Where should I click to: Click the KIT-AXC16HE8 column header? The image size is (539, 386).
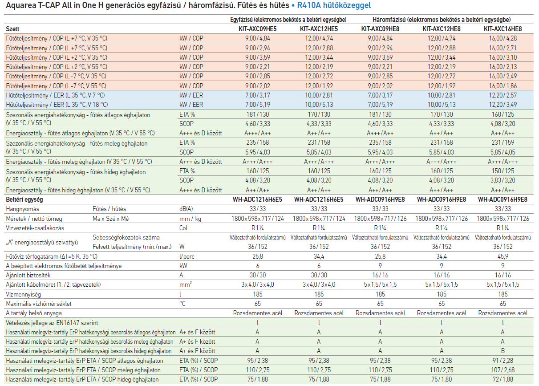click(503, 29)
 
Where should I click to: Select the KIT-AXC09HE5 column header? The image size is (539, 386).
click(257, 29)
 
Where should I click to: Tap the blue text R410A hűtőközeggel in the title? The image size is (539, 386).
click(334, 5)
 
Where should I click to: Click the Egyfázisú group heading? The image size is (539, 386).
click(288, 20)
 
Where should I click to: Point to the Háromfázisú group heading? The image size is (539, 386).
click(442, 20)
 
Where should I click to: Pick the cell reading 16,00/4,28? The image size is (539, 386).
click(503, 38)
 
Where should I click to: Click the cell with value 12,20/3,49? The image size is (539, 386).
click(503, 105)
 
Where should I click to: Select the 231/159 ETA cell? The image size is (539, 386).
click(503, 142)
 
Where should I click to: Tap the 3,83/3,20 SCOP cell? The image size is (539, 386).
click(503, 180)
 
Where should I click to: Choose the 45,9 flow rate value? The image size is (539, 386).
click(503, 256)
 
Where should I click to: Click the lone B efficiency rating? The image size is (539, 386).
click(503, 351)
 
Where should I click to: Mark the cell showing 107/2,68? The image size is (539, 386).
click(503, 370)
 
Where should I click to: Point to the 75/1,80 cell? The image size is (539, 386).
click(442, 379)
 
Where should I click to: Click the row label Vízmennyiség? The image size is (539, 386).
click(23, 295)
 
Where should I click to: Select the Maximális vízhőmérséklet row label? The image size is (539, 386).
click(39, 304)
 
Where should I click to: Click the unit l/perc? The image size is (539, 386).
click(187, 256)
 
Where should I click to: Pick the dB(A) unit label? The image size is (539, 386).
click(186, 209)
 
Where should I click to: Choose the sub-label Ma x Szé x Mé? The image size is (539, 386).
click(111, 219)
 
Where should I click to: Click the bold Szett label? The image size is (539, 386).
click(12, 29)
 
